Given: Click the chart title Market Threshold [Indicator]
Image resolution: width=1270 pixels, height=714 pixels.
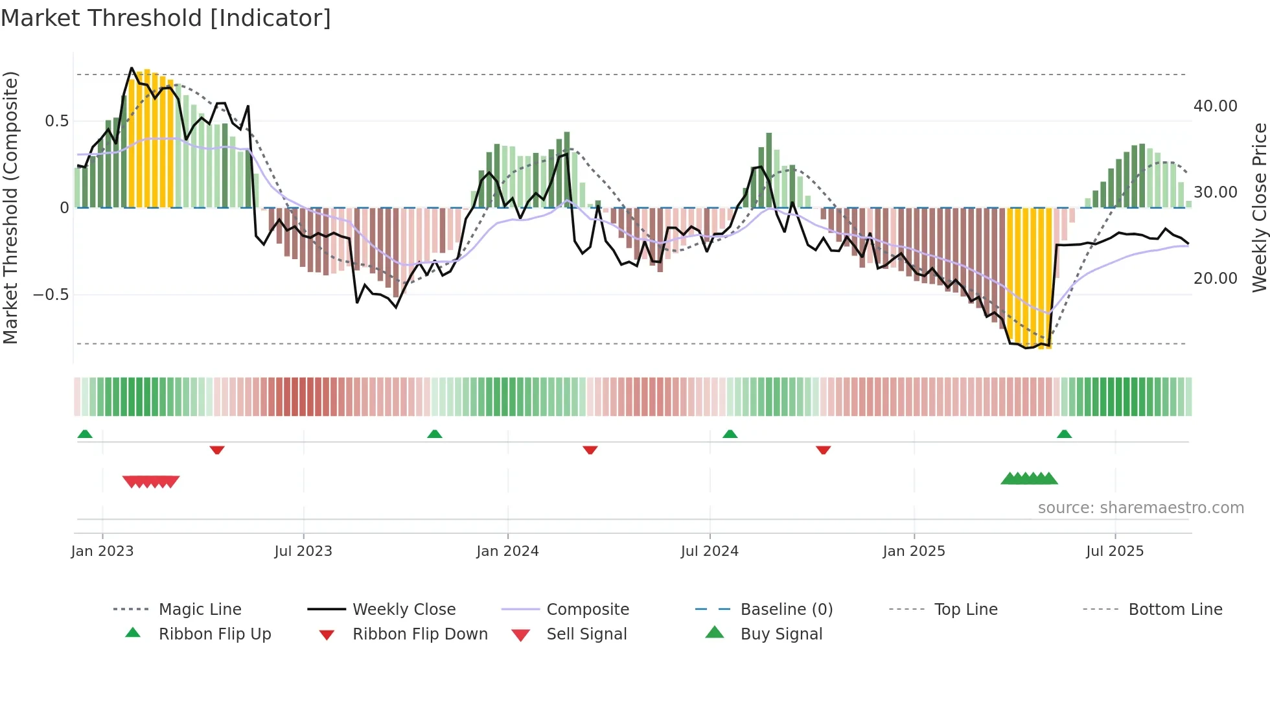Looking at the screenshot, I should [166, 18].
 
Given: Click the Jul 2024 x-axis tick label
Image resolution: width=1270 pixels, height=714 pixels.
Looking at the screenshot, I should [710, 551].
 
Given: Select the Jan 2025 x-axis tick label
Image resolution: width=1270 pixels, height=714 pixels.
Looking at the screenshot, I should [914, 551].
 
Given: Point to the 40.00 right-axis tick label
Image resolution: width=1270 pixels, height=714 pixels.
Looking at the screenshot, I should [1215, 106].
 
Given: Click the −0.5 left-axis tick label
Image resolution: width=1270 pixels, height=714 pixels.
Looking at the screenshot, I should [51, 295].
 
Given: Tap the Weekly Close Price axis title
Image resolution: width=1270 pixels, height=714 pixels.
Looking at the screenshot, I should [1259, 207].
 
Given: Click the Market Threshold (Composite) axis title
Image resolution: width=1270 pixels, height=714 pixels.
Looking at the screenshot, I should [10, 207].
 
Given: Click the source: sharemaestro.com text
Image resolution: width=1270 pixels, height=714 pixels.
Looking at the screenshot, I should [1140, 508].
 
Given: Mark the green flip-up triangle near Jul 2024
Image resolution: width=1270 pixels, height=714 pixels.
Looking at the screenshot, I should [730, 434].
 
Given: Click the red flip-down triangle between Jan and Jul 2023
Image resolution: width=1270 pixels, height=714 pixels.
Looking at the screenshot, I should [217, 450].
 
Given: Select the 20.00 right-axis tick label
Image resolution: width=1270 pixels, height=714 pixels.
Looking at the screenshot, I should [1215, 279].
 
